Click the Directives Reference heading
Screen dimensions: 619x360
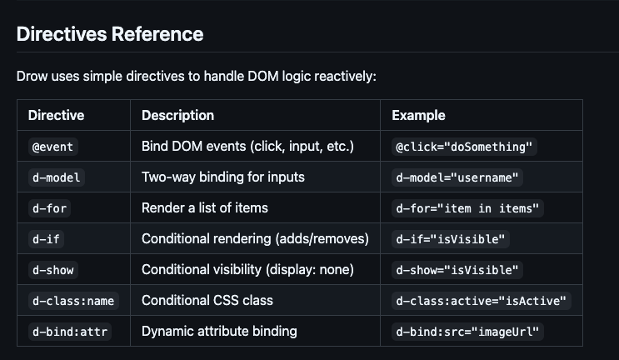coord(110,34)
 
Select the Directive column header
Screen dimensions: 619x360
coord(56,115)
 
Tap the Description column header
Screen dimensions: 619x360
coord(177,115)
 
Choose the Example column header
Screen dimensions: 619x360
coord(418,115)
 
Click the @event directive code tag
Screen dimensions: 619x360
coord(52,147)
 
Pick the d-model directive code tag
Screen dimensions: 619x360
coord(57,177)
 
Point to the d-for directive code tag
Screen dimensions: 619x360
coord(50,208)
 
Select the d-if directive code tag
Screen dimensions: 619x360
coord(46,239)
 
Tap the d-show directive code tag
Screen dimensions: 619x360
coord(53,270)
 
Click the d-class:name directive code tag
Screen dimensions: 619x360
coord(73,301)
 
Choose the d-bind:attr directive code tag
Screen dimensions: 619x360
coord(70,332)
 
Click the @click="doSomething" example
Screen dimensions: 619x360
coord(464,147)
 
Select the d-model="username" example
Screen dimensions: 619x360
coord(457,177)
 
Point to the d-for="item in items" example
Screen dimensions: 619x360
coord(467,208)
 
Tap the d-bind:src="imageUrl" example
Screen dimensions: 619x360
coord(467,332)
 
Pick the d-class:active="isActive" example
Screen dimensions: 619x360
coord(482,301)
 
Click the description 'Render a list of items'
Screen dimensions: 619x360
coord(205,208)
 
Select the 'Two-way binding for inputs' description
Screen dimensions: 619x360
coord(223,177)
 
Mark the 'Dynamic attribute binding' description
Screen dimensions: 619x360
coord(219,331)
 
